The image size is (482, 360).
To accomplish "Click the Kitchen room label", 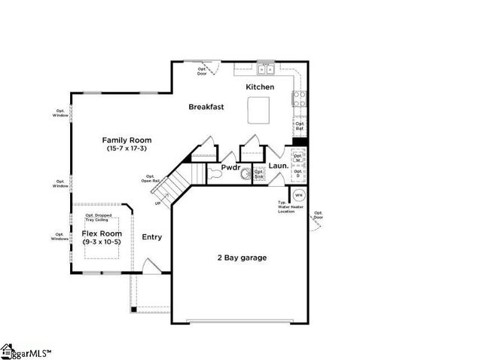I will tap(260, 87).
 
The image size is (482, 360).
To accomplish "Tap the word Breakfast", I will tap(206, 107).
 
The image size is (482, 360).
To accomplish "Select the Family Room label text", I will tap(127, 140).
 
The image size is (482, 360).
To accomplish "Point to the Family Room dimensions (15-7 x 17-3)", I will tap(127, 149).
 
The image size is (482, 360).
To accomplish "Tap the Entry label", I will tap(152, 237).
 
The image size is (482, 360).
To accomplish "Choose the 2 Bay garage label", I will tap(240, 258).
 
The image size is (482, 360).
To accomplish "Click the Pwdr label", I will tap(230, 168).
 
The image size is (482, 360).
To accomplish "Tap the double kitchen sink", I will tap(265, 70).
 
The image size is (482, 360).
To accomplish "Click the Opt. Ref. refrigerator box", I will tap(299, 126).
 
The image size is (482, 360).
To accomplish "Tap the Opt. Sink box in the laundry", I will tap(259, 174).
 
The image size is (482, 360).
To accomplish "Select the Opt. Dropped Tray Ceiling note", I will tap(101, 218).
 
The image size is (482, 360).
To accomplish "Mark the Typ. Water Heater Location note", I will tap(290, 207).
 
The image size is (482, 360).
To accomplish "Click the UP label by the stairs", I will tap(157, 203).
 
